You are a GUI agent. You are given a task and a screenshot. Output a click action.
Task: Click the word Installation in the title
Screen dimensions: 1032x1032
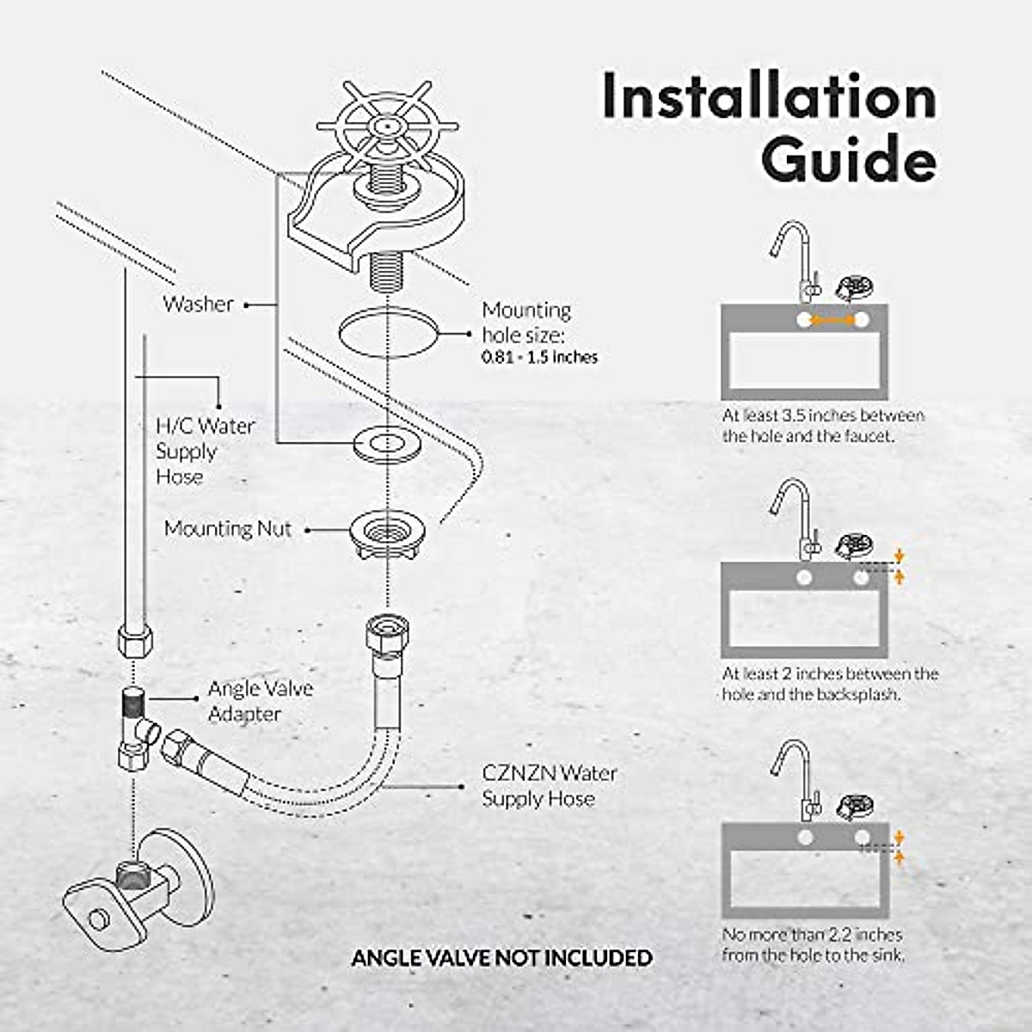(769, 96)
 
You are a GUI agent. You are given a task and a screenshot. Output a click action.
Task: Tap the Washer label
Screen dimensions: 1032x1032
(198, 304)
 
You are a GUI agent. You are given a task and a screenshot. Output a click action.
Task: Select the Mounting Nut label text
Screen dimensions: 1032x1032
(228, 528)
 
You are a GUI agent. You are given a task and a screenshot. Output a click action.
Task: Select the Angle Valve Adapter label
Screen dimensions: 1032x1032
(260, 701)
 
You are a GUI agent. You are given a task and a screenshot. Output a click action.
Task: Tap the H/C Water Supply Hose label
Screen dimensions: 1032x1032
(205, 451)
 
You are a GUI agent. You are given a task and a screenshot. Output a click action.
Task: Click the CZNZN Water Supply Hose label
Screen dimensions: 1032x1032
(549, 785)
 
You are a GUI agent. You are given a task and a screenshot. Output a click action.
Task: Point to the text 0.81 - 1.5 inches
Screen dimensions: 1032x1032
(539, 357)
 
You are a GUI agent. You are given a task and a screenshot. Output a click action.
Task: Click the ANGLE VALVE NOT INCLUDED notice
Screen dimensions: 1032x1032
(501, 957)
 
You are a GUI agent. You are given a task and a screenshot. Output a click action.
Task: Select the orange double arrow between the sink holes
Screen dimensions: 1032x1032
(832, 321)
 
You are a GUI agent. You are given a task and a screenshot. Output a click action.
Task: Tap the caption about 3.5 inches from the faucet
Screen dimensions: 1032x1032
(823, 426)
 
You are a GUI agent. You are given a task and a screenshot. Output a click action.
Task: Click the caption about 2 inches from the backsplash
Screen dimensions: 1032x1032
(829, 684)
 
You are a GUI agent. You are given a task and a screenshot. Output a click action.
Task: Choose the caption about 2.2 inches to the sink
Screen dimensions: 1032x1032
(813, 944)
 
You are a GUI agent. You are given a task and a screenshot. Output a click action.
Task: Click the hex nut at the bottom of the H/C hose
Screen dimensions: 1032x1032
(133, 641)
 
